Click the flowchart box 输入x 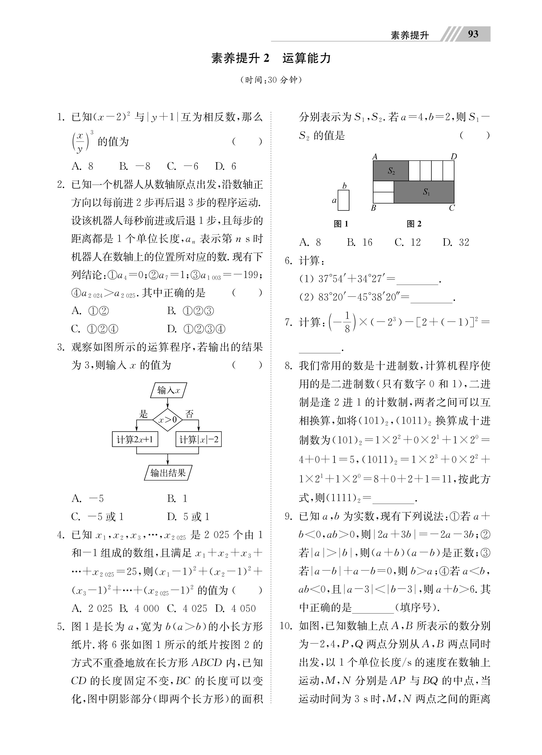click(x=168, y=390)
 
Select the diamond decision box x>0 click(x=167, y=420)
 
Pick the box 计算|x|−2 click(x=199, y=440)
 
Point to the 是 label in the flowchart click(x=143, y=414)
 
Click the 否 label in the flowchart click(x=189, y=414)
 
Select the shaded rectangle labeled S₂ click(x=390, y=171)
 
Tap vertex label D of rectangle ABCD click(x=454, y=156)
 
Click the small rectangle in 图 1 click(x=343, y=200)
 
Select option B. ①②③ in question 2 click(x=190, y=311)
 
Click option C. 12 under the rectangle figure click(x=408, y=242)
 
